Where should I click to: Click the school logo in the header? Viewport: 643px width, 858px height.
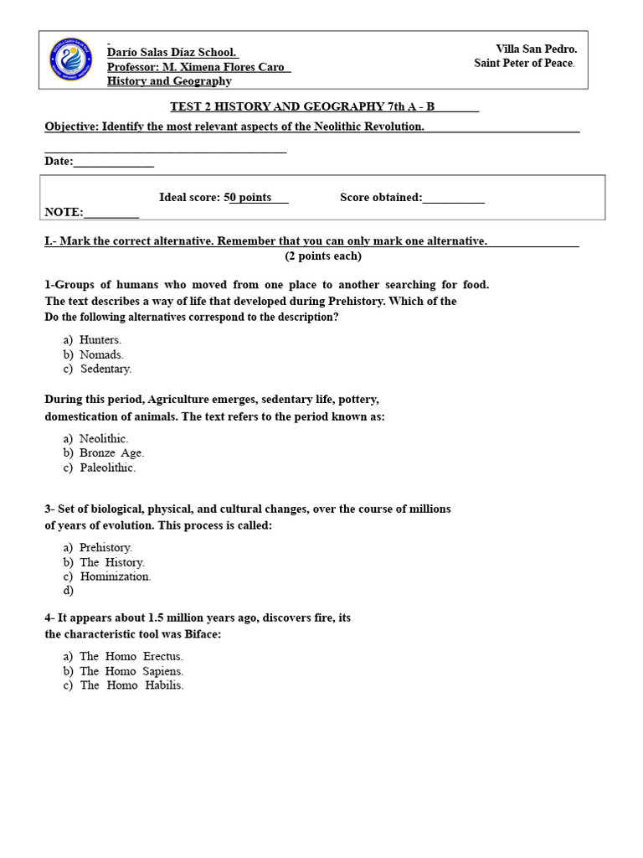click(x=72, y=60)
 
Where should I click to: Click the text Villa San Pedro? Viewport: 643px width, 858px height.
click(x=536, y=49)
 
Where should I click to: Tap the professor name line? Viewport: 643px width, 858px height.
click(x=198, y=67)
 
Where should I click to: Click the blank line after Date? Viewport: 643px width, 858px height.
click(x=114, y=162)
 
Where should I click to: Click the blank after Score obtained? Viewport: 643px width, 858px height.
click(x=454, y=198)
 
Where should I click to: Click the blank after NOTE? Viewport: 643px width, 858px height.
click(x=111, y=213)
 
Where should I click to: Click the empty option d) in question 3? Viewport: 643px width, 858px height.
click(x=69, y=591)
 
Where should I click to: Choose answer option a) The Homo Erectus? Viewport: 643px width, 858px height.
click(x=123, y=656)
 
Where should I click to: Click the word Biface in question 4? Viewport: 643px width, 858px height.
click(x=202, y=634)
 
